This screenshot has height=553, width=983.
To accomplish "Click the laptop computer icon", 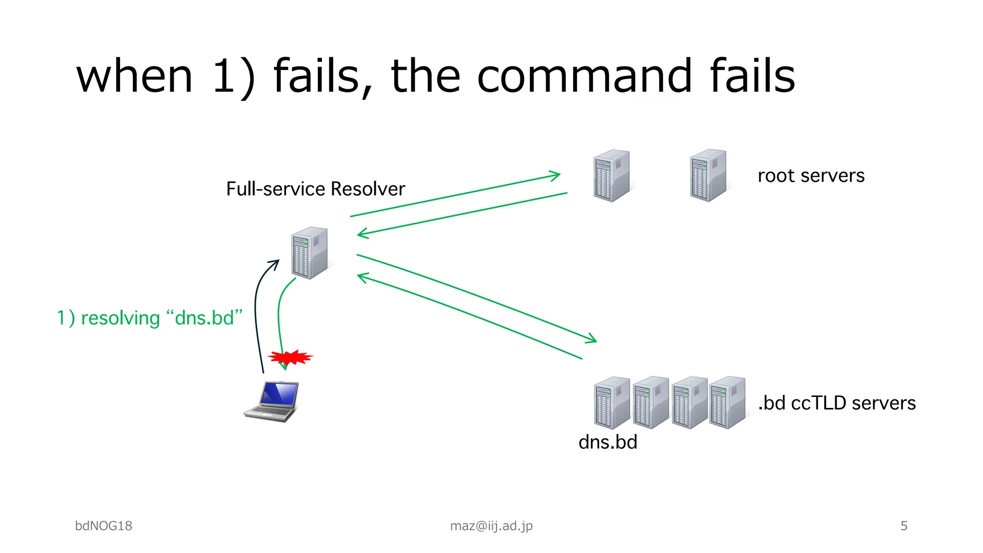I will (x=272, y=401).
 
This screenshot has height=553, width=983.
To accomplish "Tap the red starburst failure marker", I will (x=290, y=357).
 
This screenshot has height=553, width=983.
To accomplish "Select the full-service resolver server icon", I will (x=310, y=253).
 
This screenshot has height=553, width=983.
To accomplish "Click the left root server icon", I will (x=611, y=176).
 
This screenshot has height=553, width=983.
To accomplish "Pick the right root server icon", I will (x=708, y=176).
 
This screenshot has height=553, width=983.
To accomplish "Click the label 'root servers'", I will (x=811, y=176).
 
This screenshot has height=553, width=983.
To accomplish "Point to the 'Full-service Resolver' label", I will (x=315, y=189).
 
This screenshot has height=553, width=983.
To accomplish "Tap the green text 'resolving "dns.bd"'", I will (x=161, y=318).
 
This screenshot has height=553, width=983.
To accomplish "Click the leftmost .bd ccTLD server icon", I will (x=611, y=402).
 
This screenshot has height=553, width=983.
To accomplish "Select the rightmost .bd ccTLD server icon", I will (x=727, y=402).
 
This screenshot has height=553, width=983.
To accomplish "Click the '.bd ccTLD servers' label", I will (x=837, y=403).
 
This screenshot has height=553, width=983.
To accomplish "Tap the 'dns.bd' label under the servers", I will (x=608, y=442).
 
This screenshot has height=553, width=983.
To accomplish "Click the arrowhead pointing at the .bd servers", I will (x=591, y=339).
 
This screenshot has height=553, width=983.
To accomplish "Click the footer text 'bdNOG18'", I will (x=104, y=526).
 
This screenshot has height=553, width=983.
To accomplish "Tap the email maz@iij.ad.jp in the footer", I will (x=491, y=526).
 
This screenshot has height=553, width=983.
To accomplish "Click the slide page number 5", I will (x=904, y=526).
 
